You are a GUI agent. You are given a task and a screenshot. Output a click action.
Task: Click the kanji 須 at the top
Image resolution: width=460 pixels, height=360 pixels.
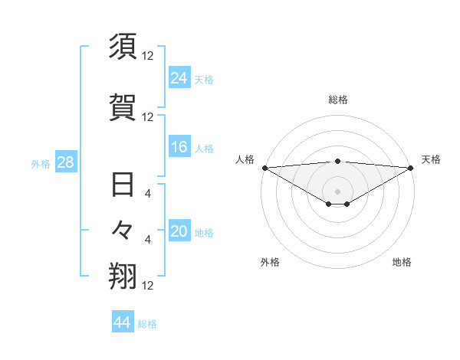(123, 48)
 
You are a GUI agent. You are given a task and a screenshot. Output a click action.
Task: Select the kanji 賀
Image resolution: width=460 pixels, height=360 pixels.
(123, 107)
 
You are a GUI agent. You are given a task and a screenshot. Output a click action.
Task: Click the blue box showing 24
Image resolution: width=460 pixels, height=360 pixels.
(179, 78)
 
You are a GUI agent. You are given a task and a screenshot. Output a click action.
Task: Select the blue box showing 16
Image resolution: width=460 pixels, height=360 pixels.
(179, 148)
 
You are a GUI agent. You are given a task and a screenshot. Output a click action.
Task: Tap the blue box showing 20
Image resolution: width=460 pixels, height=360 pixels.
(179, 232)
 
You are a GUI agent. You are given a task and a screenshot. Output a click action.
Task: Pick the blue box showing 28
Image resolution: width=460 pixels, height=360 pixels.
(65, 163)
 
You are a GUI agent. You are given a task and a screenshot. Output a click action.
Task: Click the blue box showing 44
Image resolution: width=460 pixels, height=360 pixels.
(123, 322)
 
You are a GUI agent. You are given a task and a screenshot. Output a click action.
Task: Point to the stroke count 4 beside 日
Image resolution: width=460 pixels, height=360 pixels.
(148, 194)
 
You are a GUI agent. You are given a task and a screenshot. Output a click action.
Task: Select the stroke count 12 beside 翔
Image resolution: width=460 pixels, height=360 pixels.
(148, 286)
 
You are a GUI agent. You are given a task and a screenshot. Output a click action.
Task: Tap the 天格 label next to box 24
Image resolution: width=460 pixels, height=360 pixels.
(204, 79)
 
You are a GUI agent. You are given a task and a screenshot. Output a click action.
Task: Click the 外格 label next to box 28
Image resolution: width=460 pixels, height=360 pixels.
(41, 164)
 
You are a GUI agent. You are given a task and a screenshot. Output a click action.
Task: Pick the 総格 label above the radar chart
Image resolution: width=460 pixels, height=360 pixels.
(337, 100)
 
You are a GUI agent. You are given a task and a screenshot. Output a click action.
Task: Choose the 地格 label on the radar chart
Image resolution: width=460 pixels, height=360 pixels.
(402, 262)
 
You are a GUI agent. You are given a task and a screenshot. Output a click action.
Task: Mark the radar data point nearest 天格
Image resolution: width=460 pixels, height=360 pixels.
(411, 167)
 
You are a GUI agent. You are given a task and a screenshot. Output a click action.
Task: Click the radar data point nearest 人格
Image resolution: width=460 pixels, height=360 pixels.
(264, 167)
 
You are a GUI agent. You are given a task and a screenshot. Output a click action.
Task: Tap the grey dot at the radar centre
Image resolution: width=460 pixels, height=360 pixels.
(337, 191)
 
